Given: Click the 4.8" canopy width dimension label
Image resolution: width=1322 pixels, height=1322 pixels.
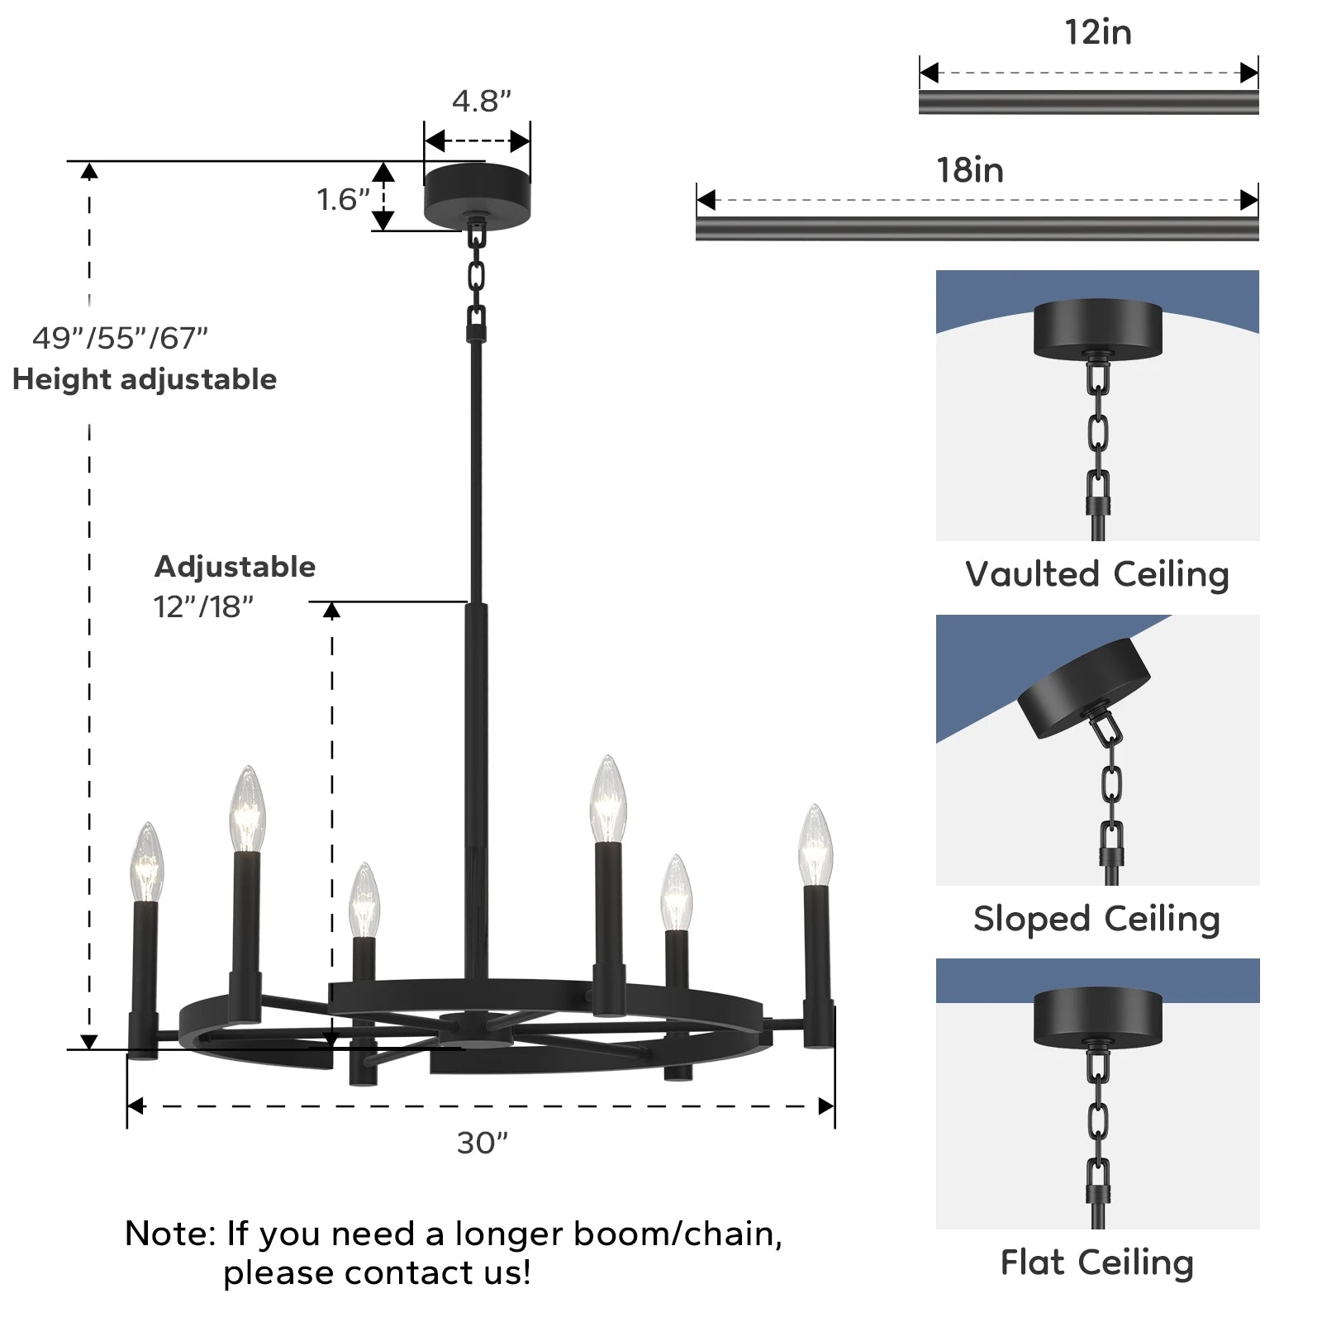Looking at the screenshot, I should pos(481,101).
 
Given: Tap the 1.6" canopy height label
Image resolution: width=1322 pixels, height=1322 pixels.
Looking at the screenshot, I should pos(343,199).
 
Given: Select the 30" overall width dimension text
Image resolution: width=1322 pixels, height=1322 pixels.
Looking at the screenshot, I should pos(482,1143).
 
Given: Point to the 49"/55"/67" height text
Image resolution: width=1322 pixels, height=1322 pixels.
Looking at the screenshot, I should pos(120,338).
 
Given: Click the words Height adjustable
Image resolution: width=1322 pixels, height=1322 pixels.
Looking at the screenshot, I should pos(145,379).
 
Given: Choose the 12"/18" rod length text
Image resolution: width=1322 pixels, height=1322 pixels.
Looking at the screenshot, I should pos(203,606).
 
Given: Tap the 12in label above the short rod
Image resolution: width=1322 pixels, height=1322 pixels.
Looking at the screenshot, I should pos(1097,32).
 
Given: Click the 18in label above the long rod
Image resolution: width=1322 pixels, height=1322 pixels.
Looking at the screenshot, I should pos(969,170).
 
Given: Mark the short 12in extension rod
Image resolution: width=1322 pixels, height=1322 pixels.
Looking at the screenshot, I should pos(1088,102).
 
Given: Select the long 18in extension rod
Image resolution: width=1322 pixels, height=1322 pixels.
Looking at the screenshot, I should pos(977,229).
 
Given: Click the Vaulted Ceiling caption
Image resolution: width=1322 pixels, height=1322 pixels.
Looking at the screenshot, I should pos(1096,574).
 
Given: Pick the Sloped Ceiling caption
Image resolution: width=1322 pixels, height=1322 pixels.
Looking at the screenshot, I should pos(1096,919).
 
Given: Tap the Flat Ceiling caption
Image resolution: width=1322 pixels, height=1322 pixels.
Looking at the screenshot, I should pos(1096,1263).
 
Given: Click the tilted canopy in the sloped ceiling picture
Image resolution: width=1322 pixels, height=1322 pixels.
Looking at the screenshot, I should pos(1082,688).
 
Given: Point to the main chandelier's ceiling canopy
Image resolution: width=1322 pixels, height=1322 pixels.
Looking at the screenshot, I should pos(477,195).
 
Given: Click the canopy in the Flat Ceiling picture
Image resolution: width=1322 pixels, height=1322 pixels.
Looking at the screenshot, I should pos(1097,1017).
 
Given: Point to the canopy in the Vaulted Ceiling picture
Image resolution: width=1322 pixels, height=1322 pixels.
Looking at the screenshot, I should pos(1097,329).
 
